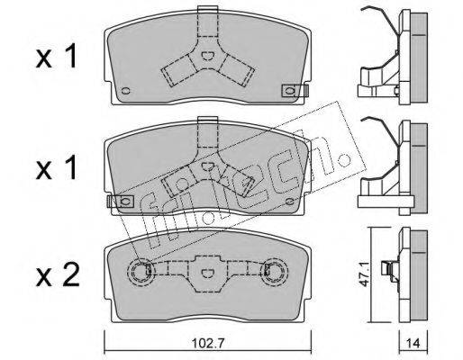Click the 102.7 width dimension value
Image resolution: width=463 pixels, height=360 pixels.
coord(207,343)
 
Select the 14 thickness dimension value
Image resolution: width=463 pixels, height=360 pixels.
coord(413,343)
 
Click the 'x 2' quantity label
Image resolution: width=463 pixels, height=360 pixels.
coord(58,274)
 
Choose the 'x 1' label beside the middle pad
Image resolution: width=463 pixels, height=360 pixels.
coord(57,168)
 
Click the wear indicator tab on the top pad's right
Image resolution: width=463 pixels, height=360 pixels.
coord(295,91)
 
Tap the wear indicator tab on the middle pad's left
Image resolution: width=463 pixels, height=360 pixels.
coord(121,201)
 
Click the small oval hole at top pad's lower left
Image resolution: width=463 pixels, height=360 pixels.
coord(125,91)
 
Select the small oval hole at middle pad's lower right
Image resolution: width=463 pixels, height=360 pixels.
coord(290,202)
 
